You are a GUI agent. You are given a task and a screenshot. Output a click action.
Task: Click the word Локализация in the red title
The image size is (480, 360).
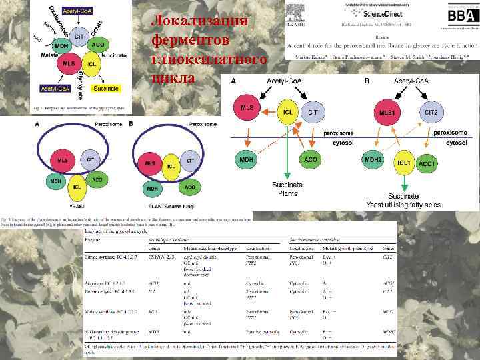pyautogui.click(x=201, y=21)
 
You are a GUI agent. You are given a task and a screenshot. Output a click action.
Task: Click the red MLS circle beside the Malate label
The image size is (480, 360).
pyautogui.click(x=68, y=64)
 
